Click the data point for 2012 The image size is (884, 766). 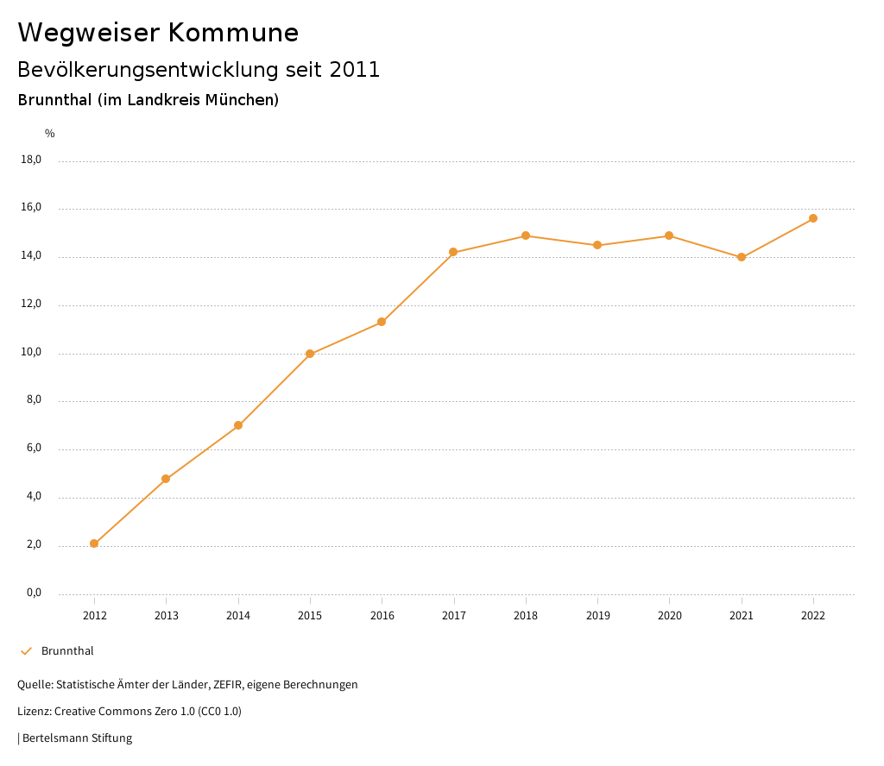[x=94, y=543]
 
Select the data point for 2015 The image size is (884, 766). [x=310, y=354]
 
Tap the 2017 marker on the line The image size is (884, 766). [x=453, y=252]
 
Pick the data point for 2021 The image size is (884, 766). [x=742, y=257]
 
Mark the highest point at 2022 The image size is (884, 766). [x=813, y=218]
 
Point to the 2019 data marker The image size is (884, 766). [x=597, y=245]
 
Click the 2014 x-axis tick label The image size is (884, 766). [x=238, y=616]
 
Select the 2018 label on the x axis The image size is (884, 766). [x=526, y=616]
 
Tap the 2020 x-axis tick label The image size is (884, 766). [x=670, y=616]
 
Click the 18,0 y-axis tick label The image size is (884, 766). [x=31, y=160]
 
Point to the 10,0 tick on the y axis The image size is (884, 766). [x=31, y=353]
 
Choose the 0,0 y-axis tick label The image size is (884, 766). [x=34, y=593]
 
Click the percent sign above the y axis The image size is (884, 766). [x=50, y=134]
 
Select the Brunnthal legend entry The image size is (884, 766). [x=67, y=651]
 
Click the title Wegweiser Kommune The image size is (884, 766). [x=158, y=33]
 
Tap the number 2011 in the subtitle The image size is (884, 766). [x=355, y=70]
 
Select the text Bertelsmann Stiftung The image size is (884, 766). [x=77, y=738]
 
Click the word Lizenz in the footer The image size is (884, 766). [x=34, y=712]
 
